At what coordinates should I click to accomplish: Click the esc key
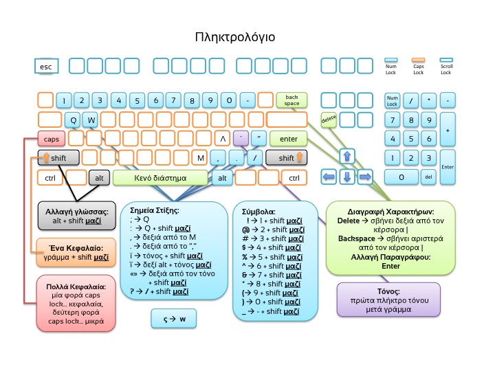pos(47,66)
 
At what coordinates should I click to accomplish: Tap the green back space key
pos(291,100)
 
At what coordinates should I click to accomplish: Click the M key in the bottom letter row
pos(201,158)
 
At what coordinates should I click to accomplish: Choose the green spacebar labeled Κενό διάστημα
pos(160,178)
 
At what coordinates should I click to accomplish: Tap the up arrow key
pos(347,157)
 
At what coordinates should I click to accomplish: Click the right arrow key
pos(365,177)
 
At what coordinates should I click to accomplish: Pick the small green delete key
pos(329,119)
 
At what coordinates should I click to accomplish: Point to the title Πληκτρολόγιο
pos(234,36)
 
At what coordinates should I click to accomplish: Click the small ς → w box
pos(173,318)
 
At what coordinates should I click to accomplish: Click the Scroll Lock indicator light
pos(445,60)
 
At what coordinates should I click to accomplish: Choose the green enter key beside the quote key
pos(288,138)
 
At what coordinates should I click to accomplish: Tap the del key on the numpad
pos(428,177)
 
